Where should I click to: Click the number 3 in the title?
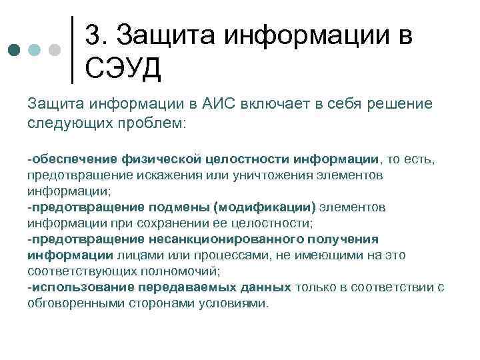pyautogui.click(x=94, y=34)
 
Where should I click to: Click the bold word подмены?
pyautogui.click(x=181, y=207)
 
